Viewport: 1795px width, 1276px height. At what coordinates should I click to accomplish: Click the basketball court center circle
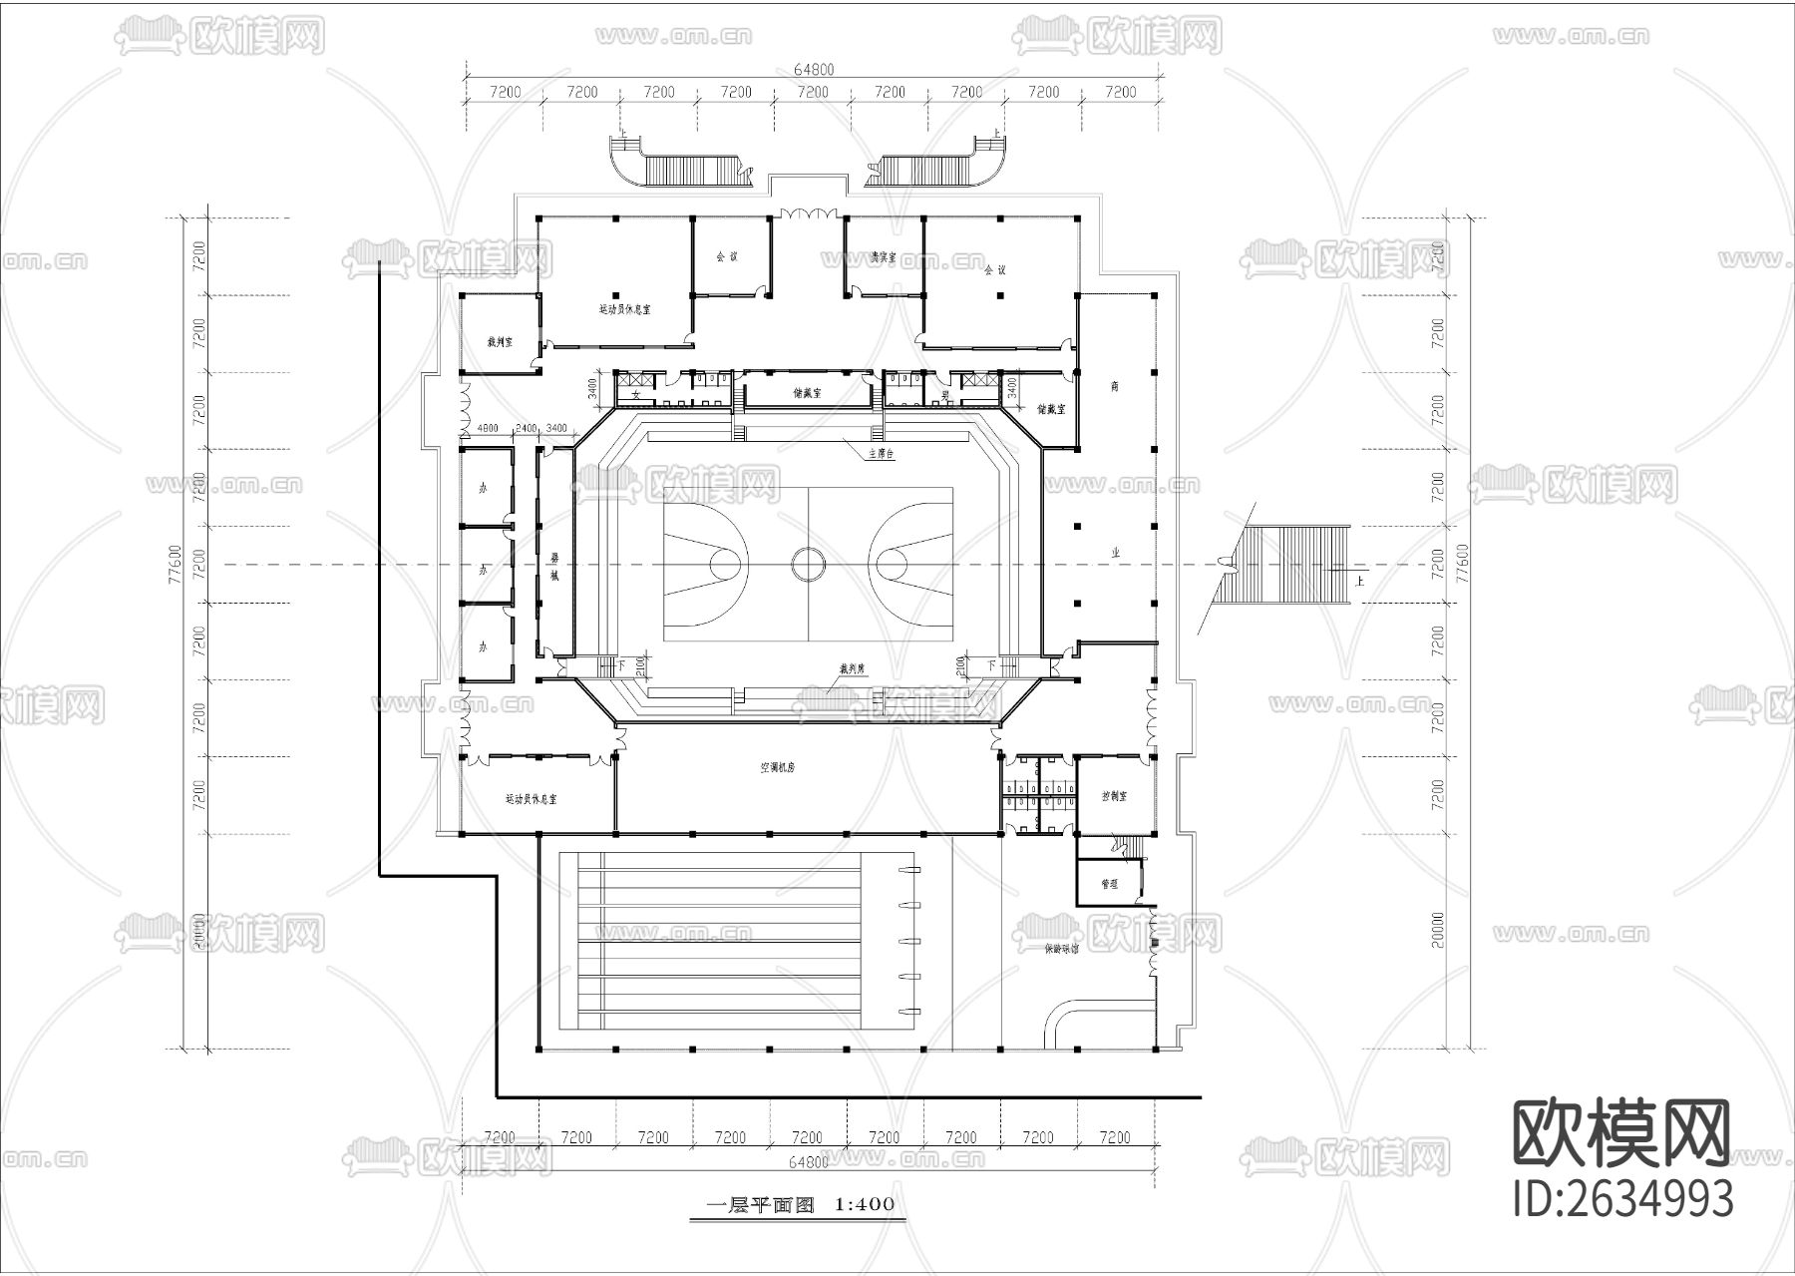pyautogui.click(x=809, y=564)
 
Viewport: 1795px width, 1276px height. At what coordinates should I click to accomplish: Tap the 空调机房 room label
pyautogui.click(x=777, y=768)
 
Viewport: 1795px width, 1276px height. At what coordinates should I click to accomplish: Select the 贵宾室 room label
pyautogui.click(x=883, y=257)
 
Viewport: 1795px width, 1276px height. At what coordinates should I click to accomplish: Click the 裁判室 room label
pyautogui.click(x=500, y=341)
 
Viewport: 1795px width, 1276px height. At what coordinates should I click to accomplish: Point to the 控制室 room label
pyautogui.click(x=1114, y=797)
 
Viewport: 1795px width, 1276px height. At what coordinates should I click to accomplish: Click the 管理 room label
pyautogui.click(x=1109, y=883)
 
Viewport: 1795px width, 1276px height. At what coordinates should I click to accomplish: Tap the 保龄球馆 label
pyautogui.click(x=1061, y=950)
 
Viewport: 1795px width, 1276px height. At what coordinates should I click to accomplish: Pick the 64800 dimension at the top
pyautogui.click(x=813, y=69)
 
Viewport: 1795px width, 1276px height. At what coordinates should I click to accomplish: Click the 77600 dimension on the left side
pyautogui.click(x=176, y=564)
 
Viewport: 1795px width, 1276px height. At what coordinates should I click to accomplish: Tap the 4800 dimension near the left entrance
pyautogui.click(x=488, y=428)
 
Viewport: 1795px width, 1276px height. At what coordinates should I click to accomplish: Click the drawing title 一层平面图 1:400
pyautogui.click(x=801, y=1204)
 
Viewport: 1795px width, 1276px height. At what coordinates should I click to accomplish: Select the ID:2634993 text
pyautogui.click(x=1623, y=1198)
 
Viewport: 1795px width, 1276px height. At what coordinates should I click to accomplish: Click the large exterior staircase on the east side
pyautogui.click(x=1291, y=564)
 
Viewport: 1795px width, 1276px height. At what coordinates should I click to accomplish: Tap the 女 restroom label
pyautogui.click(x=635, y=395)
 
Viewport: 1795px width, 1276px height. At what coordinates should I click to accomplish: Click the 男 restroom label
pyautogui.click(x=942, y=395)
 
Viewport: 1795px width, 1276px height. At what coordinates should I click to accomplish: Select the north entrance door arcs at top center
pyautogui.click(x=807, y=213)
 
